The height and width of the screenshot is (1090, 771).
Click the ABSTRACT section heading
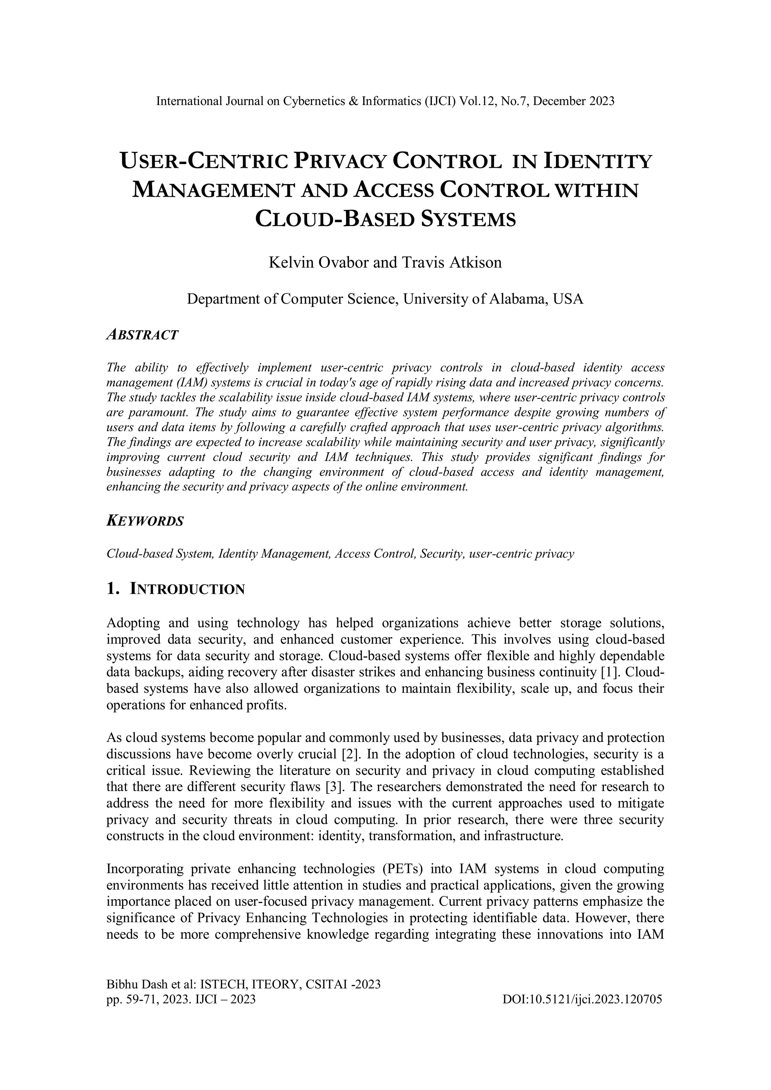click(143, 335)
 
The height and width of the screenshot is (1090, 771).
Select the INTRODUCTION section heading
click(187, 590)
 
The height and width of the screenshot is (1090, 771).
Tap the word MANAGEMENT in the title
click(212, 191)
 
